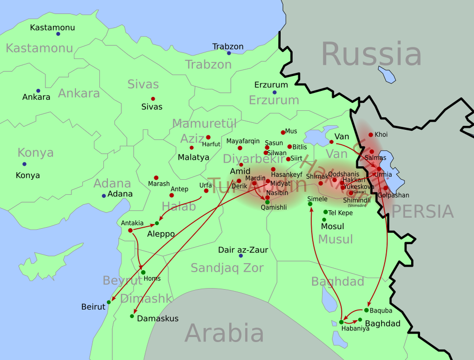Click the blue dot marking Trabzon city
pyautogui.click(x=229, y=53)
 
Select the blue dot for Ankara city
pyautogui.click(x=38, y=91)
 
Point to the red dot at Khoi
pyautogui.click(x=371, y=135)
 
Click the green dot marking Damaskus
pyautogui.click(x=132, y=316)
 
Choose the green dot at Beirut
pyautogui.click(x=109, y=303)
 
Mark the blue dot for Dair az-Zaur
pyautogui.click(x=240, y=256)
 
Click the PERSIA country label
pyautogui.click(x=423, y=212)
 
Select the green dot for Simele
pyautogui.click(x=310, y=204)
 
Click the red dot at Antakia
pyautogui.click(x=130, y=230)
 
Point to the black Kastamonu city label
pyautogui.click(x=52, y=27)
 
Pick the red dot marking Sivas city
pyautogui.click(x=153, y=99)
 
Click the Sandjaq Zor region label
pyautogui.click(x=227, y=268)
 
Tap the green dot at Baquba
pyautogui.click(x=366, y=310)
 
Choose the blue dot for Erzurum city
pyautogui.click(x=274, y=92)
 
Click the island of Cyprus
pyautogui.click(x=47, y=261)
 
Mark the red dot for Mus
pyautogui.click(x=283, y=132)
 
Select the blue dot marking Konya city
pyautogui.click(x=24, y=164)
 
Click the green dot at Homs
pyautogui.click(x=143, y=272)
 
